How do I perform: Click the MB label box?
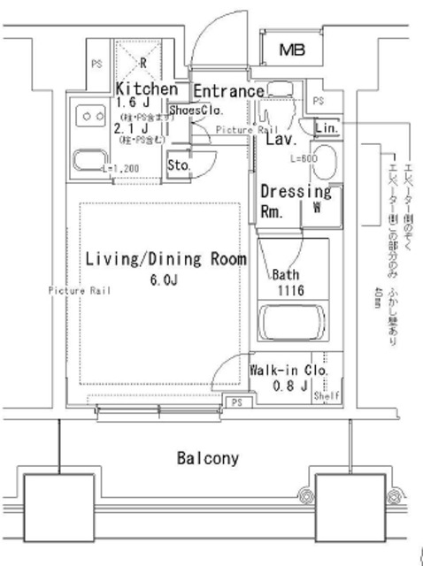click(291, 50)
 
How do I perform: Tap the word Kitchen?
click(148, 89)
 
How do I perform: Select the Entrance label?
click(228, 91)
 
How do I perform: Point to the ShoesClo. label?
click(195, 111)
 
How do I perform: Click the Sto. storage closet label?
click(178, 164)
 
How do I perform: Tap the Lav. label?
click(281, 140)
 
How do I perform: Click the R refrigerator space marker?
click(144, 63)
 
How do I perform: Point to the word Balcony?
click(208, 458)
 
